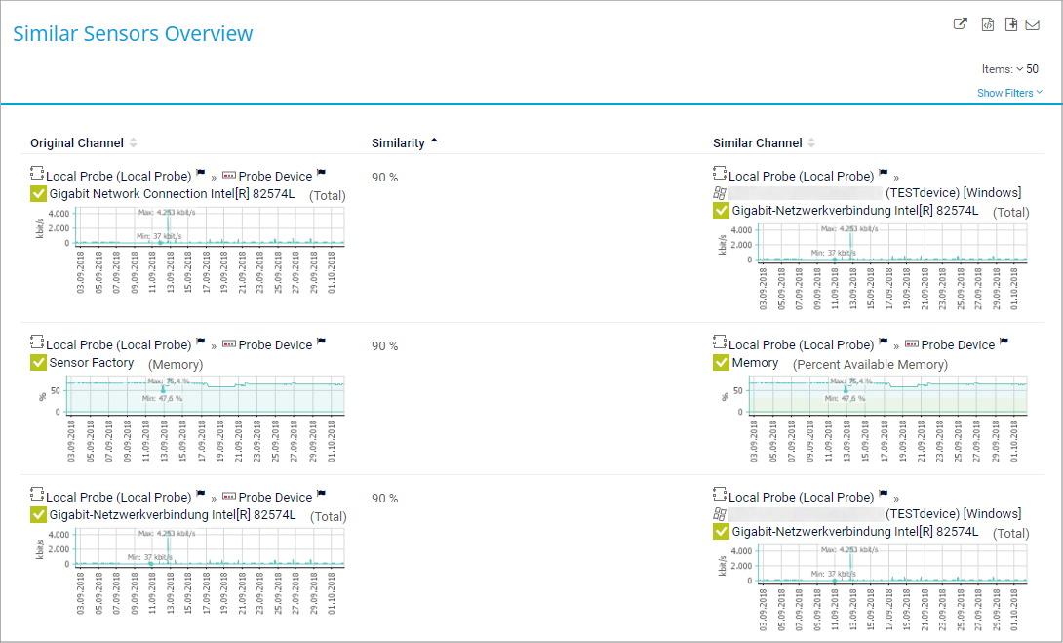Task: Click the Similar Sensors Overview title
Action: point(133,34)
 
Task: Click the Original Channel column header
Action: point(77,143)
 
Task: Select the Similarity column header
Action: point(398,143)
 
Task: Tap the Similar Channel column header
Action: point(758,143)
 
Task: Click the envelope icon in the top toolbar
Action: point(1032,24)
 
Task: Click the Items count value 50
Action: point(1032,69)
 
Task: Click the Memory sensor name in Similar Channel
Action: point(755,363)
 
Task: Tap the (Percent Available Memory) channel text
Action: point(870,365)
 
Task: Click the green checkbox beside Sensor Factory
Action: point(39,363)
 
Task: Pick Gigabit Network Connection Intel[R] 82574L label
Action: point(172,194)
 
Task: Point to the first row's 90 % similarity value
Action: point(384,178)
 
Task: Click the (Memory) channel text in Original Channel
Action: point(176,365)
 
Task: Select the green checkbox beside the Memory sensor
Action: point(722,363)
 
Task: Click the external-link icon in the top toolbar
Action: point(961,24)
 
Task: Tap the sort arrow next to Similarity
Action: point(434,141)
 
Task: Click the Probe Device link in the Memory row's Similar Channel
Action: point(958,345)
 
